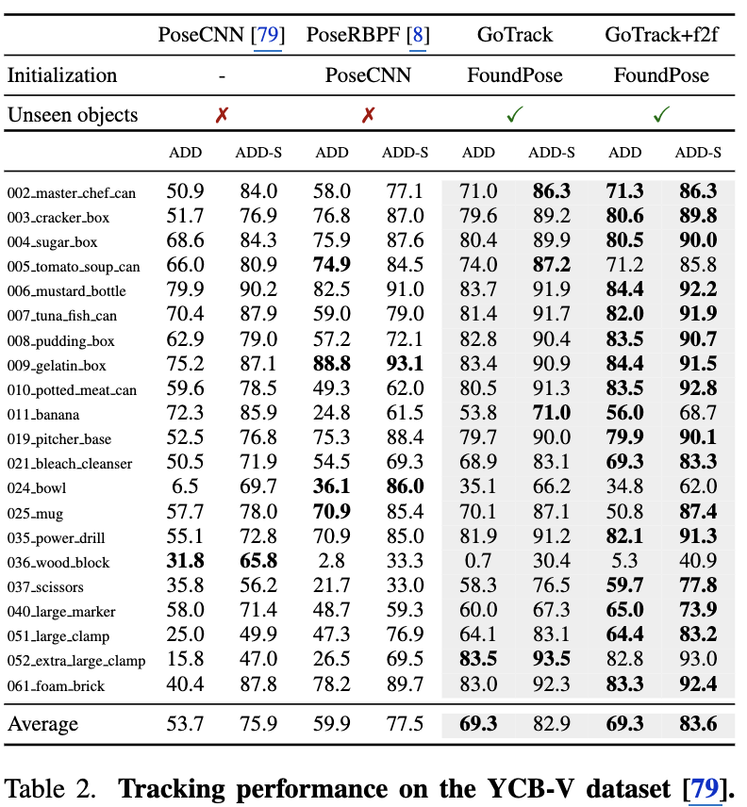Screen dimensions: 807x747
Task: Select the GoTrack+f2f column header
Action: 661,36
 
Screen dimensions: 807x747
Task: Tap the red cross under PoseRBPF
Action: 368,115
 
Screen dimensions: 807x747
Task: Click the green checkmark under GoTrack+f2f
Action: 661,115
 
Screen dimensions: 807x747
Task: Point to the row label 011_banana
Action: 43,415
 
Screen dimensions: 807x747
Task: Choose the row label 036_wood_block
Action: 58,563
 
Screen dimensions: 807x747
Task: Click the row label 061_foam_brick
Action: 56,686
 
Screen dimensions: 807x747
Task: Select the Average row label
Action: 43,724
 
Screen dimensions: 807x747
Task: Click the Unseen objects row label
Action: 73,115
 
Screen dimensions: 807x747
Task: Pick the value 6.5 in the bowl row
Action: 185,487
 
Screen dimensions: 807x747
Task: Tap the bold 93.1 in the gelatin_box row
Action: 405,365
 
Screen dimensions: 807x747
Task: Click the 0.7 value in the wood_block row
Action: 478,562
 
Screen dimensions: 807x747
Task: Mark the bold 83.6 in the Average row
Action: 698,724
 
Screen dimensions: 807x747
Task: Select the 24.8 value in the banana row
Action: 332,414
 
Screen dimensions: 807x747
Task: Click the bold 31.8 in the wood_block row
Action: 185,562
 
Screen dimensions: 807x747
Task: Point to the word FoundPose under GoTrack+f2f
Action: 661,75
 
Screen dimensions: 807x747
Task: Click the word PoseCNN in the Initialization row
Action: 368,75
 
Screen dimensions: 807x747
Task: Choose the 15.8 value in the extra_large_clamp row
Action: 185,661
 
